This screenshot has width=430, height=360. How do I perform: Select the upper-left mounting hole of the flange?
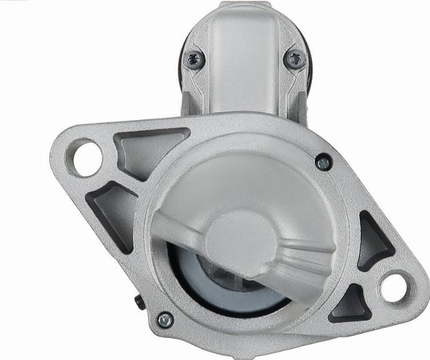(x=85, y=157)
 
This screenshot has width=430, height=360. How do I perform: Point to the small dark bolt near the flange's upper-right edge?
(x=323, y=161)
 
